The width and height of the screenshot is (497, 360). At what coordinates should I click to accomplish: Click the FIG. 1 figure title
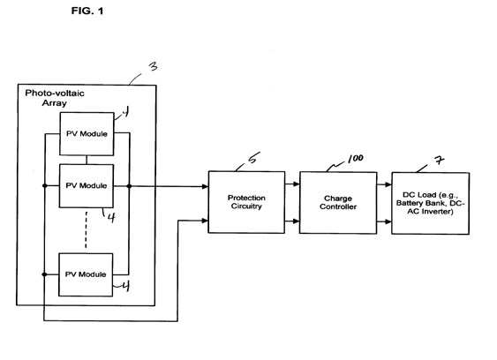87,11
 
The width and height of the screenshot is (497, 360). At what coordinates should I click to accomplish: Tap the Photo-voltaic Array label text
55,98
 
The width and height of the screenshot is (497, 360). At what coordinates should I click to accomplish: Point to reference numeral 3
154,66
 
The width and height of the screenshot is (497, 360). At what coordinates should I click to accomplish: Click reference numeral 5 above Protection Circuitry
253,157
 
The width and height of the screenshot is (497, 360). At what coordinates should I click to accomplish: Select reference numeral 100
356,159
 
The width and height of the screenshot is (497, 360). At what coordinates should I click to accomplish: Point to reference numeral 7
439,160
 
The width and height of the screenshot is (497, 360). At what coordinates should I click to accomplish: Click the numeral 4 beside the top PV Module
125,111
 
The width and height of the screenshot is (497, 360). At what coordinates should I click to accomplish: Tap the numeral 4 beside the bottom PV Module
126,287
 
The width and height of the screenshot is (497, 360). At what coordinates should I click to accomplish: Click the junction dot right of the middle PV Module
129,186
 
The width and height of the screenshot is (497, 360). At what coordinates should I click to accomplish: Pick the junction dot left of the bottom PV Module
45,274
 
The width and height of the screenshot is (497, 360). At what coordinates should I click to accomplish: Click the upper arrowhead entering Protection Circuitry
205,186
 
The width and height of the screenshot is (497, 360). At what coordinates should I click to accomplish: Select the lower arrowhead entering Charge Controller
297,221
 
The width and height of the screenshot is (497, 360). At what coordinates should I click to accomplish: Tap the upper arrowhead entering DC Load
388,184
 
